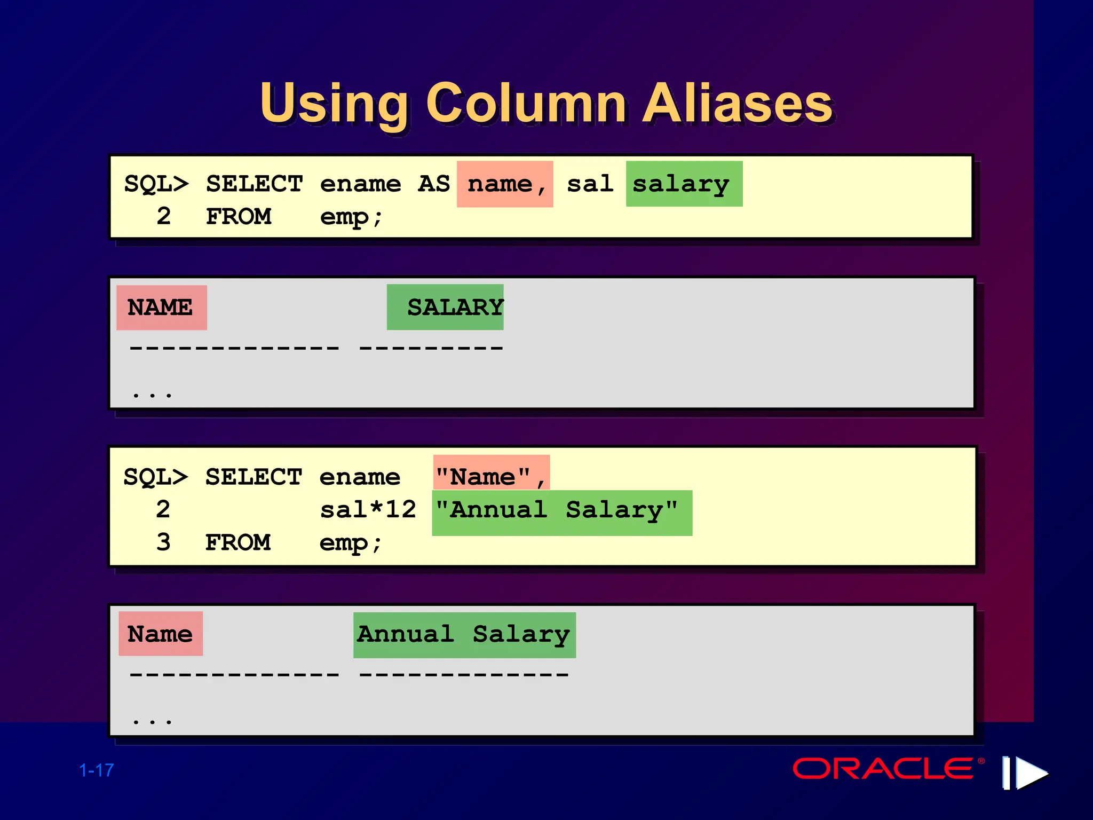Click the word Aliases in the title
click(x=737, y=104)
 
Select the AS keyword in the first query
click(x=434, y=184)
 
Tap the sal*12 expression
click(x=368, y=510)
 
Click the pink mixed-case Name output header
click(x=161, y=634)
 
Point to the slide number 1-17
click(x=97, y=770)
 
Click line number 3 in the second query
click(x=163, y=542)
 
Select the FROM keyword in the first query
click(x=239, y=217)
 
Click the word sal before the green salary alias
click(x=590, y=184)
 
